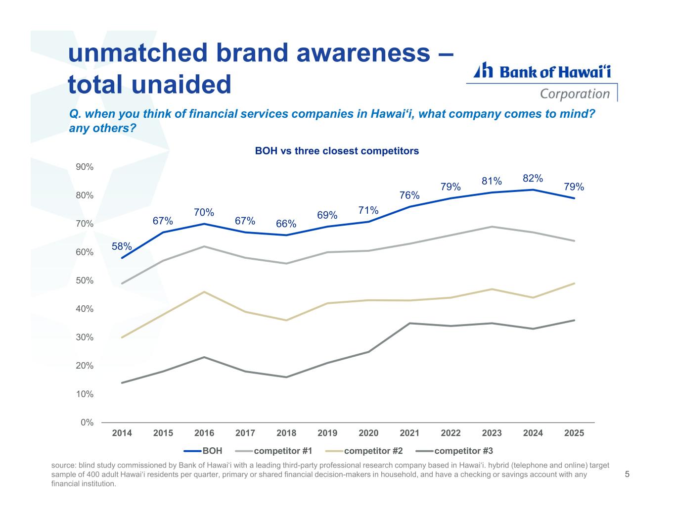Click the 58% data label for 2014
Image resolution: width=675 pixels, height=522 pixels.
pyautogui.click(x=122, y=246)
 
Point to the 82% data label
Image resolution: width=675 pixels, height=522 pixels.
pyautogui.click(x=533, y=178)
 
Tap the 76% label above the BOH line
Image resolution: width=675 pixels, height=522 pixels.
pyautogui.click(x=409, y=195)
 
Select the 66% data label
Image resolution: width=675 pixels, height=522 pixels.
pyautogui.click(x=286, y=224)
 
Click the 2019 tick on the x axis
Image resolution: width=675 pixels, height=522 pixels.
pyautogui.click(x=327, y=433)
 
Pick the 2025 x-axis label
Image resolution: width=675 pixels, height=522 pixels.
pyautogui.click(x=574, y=433)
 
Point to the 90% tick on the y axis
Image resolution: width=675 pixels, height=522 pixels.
pyautogui.click(x=85, y=167)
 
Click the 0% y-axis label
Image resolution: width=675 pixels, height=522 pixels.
pyautogui.click(x=88, y=423)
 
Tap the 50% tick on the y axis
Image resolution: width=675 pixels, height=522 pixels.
pyautogui.click(x=85, y=281)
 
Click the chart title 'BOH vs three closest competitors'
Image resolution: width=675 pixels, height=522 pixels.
pyautogui.click(x=337, y=151)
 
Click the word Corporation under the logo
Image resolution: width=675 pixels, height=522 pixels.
pyautogui.click(x=575, y=94)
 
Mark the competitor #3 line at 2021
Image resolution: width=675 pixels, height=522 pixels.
pyautogui.click(x=409, y=323)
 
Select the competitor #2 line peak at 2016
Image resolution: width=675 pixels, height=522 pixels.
pyautogui.click(x=204, y=292)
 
